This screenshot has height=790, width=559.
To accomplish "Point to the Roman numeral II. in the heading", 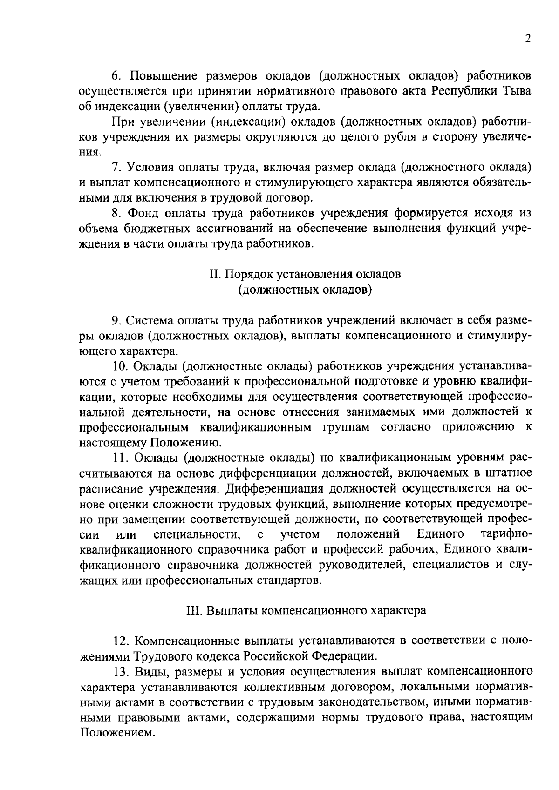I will tap(216, 274).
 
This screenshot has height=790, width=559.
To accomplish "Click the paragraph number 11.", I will tap(118, 458).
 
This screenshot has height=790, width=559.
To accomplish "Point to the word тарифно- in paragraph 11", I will tap(506, 534).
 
